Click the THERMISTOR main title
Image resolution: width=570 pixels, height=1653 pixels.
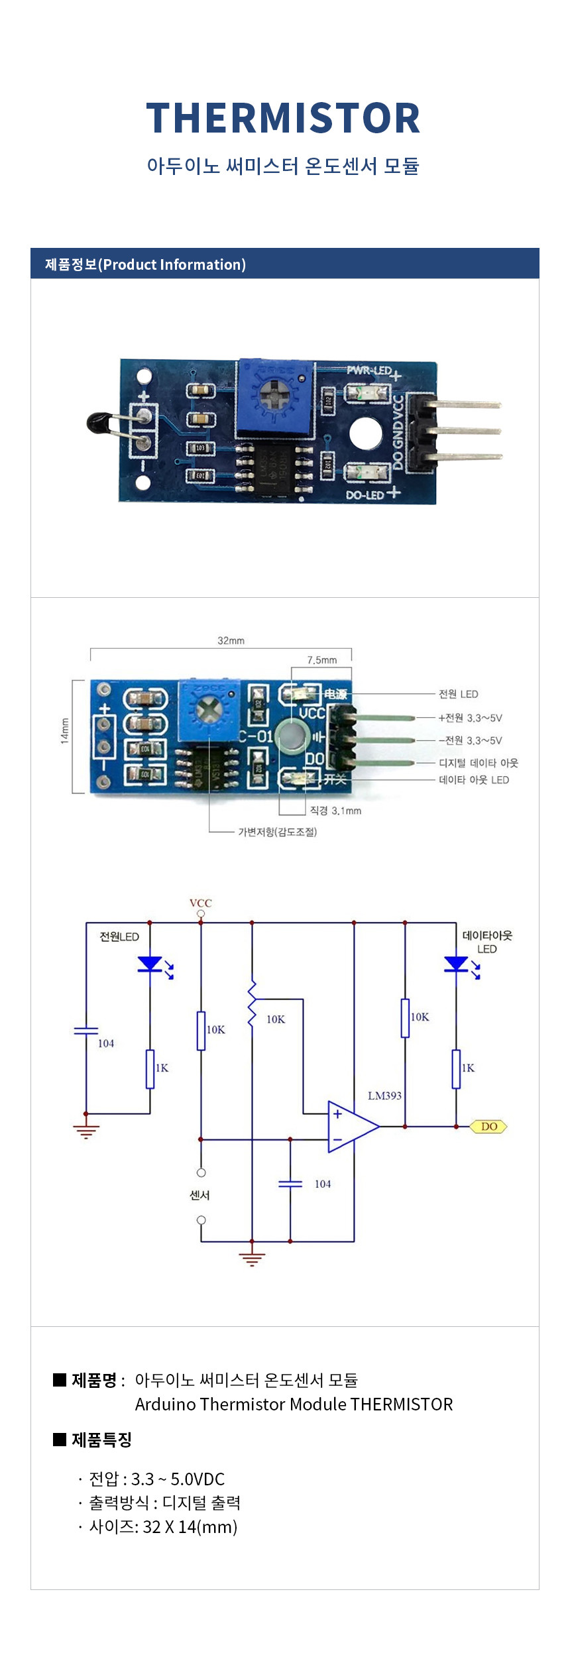pyautogui.click(x=283, y=119)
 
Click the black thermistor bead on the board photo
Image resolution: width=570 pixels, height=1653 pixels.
pyautogui.click(x=98, y=423)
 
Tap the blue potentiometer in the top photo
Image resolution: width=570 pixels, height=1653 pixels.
pyautogui.click(x=274, y=398)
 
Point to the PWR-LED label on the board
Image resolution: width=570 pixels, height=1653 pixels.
pyautogui.click(x=369, y=370)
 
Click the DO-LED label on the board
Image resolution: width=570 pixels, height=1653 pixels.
pyautogui.click(x=365, y=494)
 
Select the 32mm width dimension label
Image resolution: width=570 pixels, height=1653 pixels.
pyautogui.click(x=231, y=640)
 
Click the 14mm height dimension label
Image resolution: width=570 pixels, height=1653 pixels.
pyautogui.click(x=65, y=730)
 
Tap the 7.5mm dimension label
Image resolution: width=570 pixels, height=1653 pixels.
pyautogui.click(x=321, y=659)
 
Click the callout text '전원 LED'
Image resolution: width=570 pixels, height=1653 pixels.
pyautogui.click(x=458, y=694)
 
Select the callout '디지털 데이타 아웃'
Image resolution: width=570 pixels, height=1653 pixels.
pyautogui.click(x=478, y=763)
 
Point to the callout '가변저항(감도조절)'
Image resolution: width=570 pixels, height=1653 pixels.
pyautogui.click(x=278, y=832)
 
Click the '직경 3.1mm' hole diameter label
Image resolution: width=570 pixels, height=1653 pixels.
pyautogui.click(x=335, y=811)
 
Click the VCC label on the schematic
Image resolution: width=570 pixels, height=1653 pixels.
pyautogui.click(x=200, y=903)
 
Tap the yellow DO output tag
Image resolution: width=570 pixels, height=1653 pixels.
pyautogui.click(x=488, y=1126)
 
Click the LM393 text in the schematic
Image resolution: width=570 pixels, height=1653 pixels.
pyautogui.click(x=384, y=1096)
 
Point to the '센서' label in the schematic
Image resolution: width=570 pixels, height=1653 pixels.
pyautogui.click(x=199, y=1195)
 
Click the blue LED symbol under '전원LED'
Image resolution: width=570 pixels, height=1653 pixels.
pyautogui.click(x=150, y=964)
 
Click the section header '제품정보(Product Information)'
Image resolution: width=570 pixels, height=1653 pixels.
pyautogui.click(x=145, y=264)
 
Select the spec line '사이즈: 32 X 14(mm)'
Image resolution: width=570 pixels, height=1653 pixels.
pyautogui.click(x=163, y=1527)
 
